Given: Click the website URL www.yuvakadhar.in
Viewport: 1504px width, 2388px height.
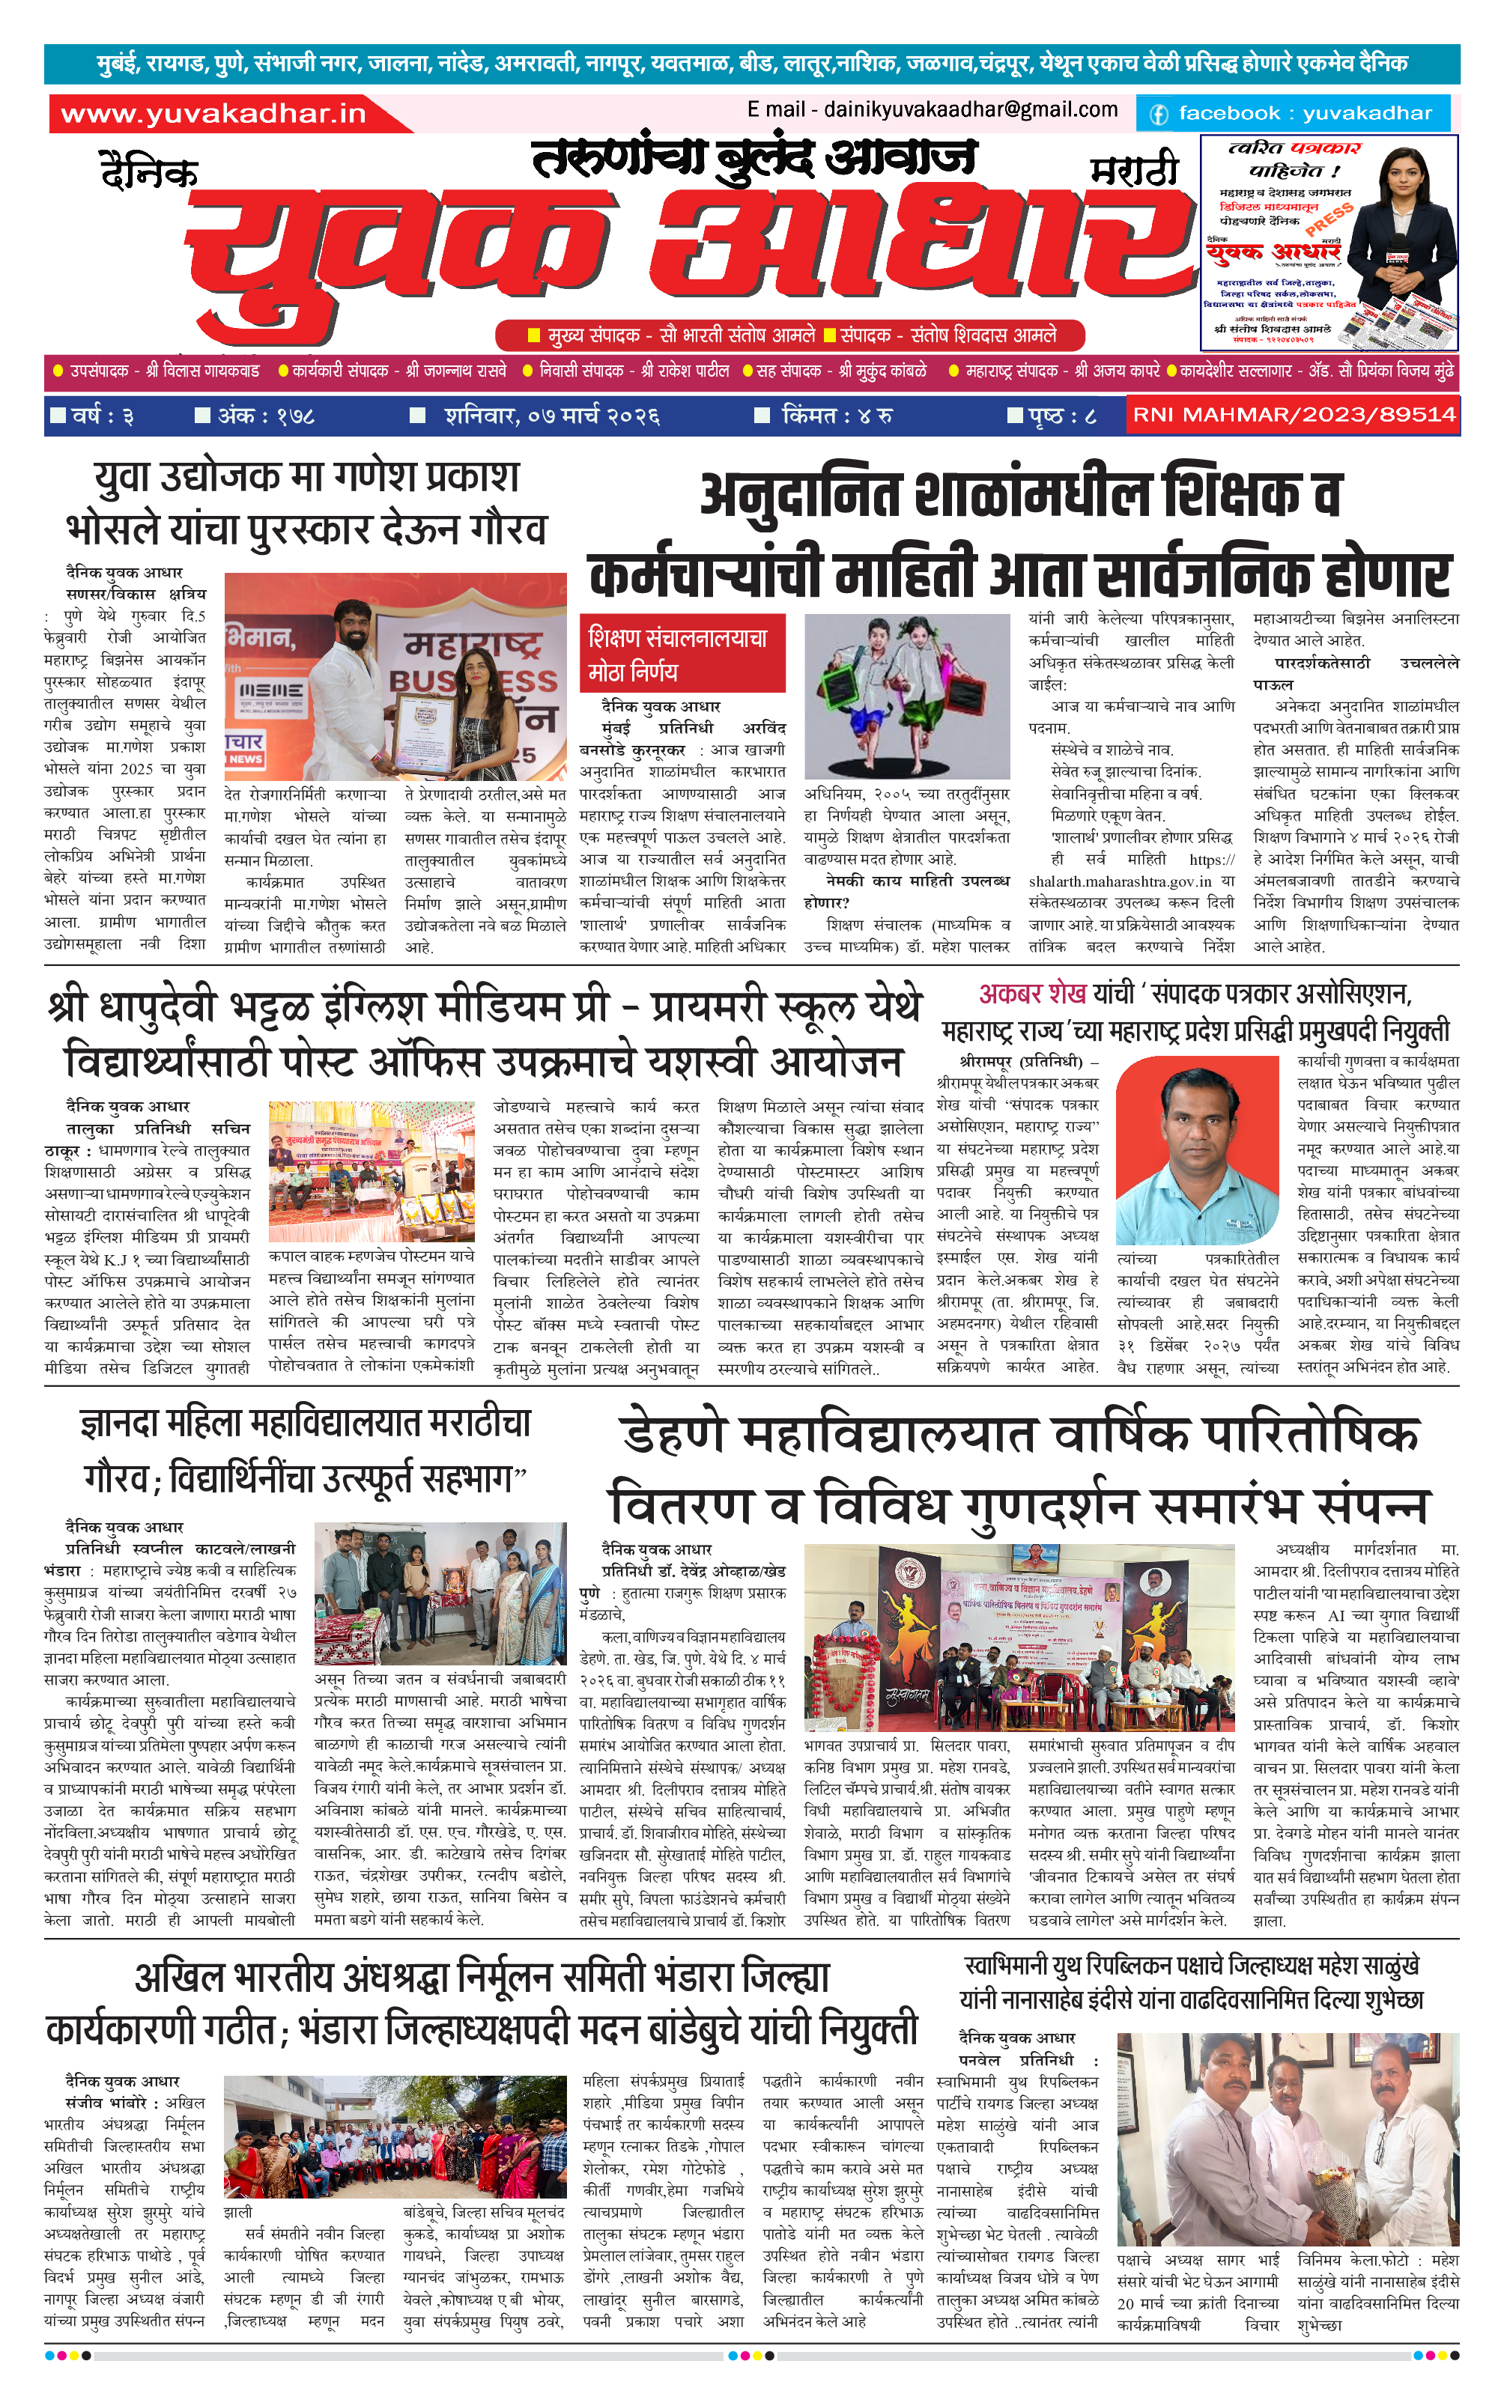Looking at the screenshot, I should [213, 114].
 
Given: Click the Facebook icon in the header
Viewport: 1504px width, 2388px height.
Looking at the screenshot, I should [1158, 114].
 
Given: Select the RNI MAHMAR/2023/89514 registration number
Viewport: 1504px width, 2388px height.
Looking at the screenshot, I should [1294, 415].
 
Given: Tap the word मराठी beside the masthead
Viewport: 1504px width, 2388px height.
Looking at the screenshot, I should [1133, 171].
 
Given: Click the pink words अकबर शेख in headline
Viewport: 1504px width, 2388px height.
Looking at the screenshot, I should [1032, 993].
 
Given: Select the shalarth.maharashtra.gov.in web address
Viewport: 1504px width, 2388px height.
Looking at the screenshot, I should [1119, 881].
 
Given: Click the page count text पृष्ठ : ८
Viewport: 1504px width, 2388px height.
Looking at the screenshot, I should [1052, 416].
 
